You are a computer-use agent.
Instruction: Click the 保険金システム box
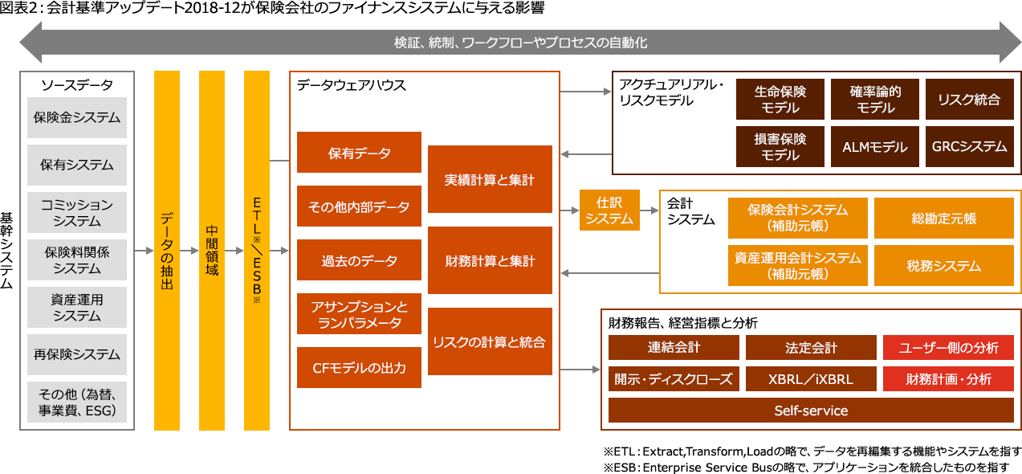(76, 117)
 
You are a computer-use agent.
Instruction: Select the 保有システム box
(76, 165)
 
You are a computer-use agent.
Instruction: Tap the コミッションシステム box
(76, 212)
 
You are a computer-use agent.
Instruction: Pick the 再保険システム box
(76, 354)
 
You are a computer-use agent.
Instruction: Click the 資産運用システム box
(76, 307)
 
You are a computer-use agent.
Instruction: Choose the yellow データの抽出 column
(166, 251)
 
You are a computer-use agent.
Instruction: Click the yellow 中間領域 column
(211, 251)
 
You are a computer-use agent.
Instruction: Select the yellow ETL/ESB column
(256, 251)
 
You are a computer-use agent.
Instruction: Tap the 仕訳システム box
(609, 210)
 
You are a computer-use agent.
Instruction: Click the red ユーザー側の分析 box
(948, 347)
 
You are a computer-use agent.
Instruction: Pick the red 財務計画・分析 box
(948, 378)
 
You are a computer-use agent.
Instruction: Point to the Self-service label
(811, 411)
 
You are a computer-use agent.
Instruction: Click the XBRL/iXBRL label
(811, 379)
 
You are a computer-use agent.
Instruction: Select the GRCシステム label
(969, 146)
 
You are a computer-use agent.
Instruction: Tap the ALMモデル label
(874, 147)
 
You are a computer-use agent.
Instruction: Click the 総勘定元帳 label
(943, 218)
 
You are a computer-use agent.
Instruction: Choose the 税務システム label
(943, 266)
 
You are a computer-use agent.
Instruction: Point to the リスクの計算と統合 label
(489, 342)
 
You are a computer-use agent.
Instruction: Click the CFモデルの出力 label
(359, 368)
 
